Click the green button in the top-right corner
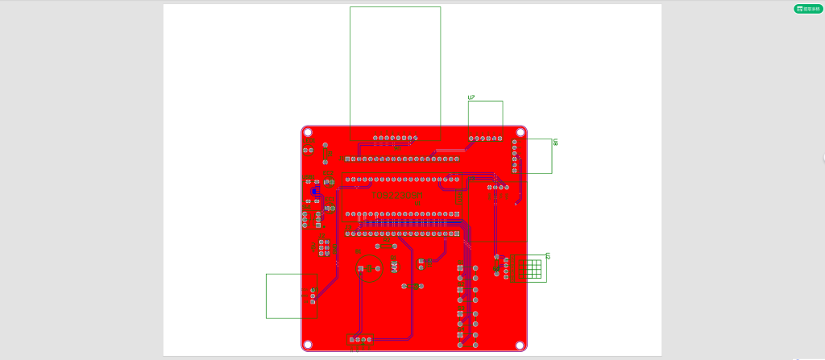[x=809, y=9]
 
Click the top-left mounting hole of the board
[x=308, y=132]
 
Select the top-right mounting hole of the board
[x=520, y=132]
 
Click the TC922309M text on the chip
[x=396, y=196]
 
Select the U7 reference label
[x=472, y=97]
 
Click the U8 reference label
[x=556, y=143]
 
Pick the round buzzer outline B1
[x=369, y=268]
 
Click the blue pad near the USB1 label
[x=316, y=191]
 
